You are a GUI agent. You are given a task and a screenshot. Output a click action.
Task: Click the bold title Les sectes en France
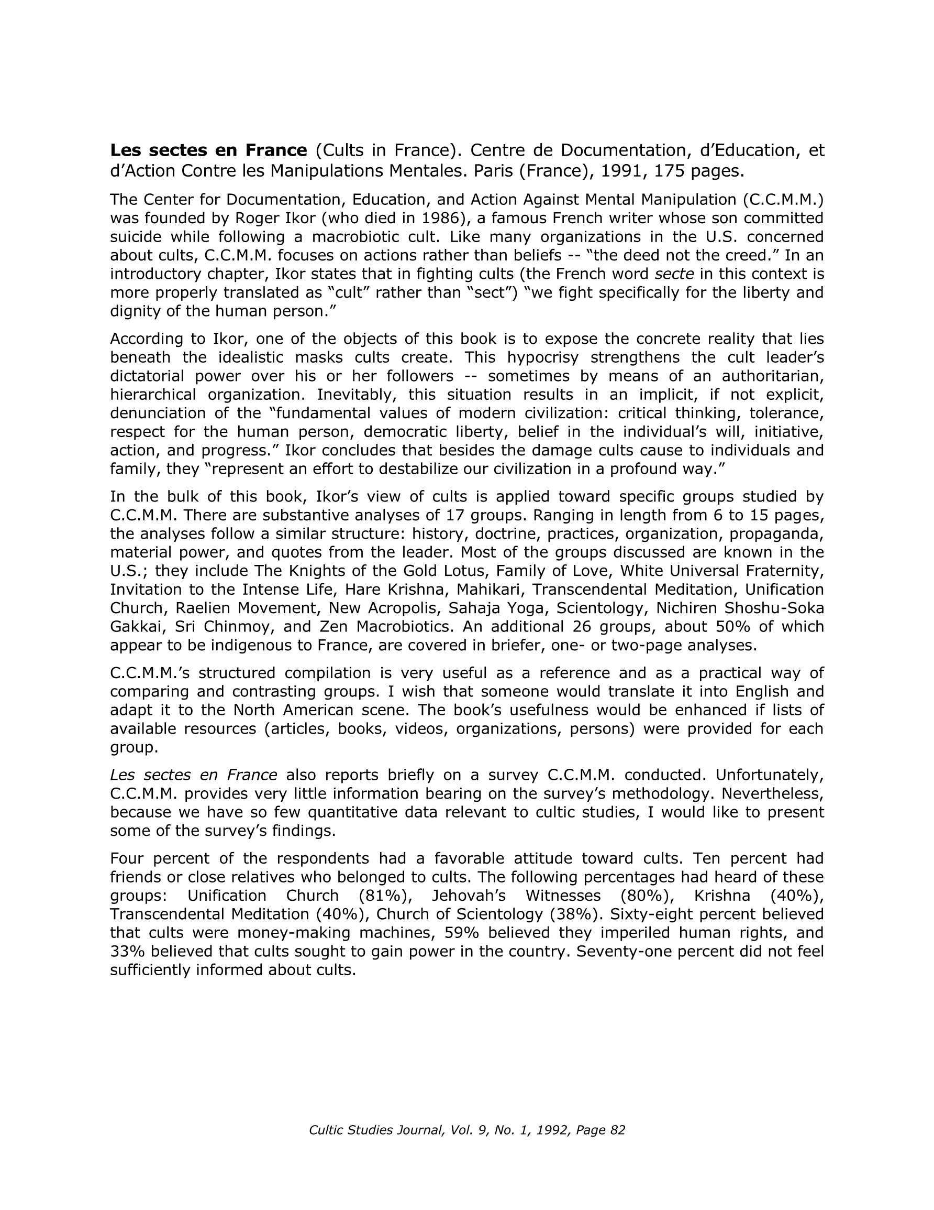[208, 150]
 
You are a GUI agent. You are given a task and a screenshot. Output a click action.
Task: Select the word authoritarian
[773, 376]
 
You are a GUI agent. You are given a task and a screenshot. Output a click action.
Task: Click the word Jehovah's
[469, 896]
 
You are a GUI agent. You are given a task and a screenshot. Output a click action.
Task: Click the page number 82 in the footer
[617, 1130]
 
